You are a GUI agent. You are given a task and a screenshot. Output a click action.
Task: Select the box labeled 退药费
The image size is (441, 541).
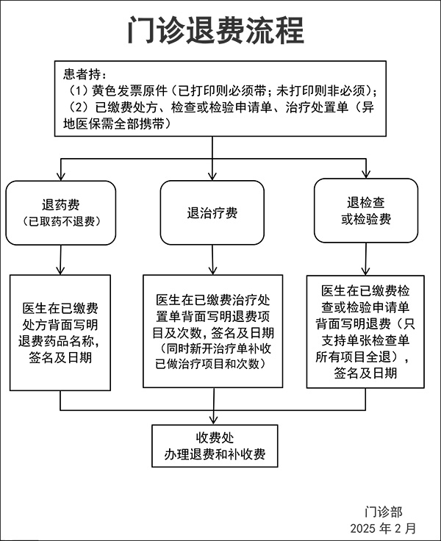61,212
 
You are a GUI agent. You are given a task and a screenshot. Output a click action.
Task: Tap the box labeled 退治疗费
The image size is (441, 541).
212,213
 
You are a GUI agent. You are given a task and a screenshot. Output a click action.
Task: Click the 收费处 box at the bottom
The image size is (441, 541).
215,445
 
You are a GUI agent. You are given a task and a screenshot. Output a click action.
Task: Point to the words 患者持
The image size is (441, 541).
85,74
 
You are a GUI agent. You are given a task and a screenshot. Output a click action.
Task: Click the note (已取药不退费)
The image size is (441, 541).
61,221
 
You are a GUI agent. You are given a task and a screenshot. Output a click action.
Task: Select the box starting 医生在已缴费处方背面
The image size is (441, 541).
61,332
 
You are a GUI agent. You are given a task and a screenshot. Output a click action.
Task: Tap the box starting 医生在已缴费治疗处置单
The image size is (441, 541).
212,332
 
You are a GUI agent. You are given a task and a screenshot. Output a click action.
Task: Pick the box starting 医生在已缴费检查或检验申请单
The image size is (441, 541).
365,332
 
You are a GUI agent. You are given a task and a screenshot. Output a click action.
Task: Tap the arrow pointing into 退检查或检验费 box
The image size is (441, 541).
366,174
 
